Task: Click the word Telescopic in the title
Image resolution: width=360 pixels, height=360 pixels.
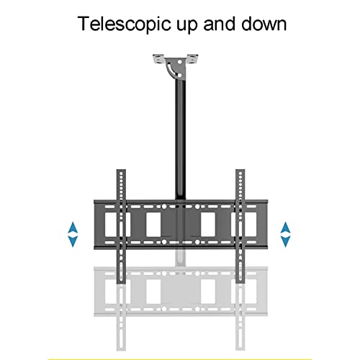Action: (125, 24)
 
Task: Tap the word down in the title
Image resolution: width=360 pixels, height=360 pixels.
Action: (264, 24)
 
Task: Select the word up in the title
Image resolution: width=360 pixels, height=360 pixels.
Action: (187, 26)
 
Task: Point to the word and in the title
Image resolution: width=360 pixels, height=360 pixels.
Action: (219, 24)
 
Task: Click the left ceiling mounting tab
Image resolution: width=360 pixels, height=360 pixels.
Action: (158, 59)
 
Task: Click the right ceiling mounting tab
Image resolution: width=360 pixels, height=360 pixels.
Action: (192, 59)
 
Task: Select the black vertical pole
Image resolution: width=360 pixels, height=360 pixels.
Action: (180, 139)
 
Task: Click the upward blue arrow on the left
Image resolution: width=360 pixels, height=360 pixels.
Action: (73, 228)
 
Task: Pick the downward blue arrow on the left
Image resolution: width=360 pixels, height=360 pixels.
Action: (73, 241)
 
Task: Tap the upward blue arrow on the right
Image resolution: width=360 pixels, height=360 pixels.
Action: (285, 228)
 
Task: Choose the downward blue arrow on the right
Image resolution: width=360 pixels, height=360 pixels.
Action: (285, 241)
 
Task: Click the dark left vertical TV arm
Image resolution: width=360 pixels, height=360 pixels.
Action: (121, 226)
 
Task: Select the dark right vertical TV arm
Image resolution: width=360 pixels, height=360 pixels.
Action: (240, 226)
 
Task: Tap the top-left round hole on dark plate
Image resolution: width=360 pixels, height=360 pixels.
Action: (164, 207)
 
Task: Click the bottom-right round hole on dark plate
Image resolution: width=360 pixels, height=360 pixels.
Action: (197, 242)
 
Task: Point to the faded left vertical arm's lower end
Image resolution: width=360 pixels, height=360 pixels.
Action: (121, 350)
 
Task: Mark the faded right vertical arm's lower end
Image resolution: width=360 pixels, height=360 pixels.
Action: (240, 350)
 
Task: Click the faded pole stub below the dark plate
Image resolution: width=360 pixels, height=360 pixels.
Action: (181, 258)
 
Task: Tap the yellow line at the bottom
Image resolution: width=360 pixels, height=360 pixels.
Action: (180, 359)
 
